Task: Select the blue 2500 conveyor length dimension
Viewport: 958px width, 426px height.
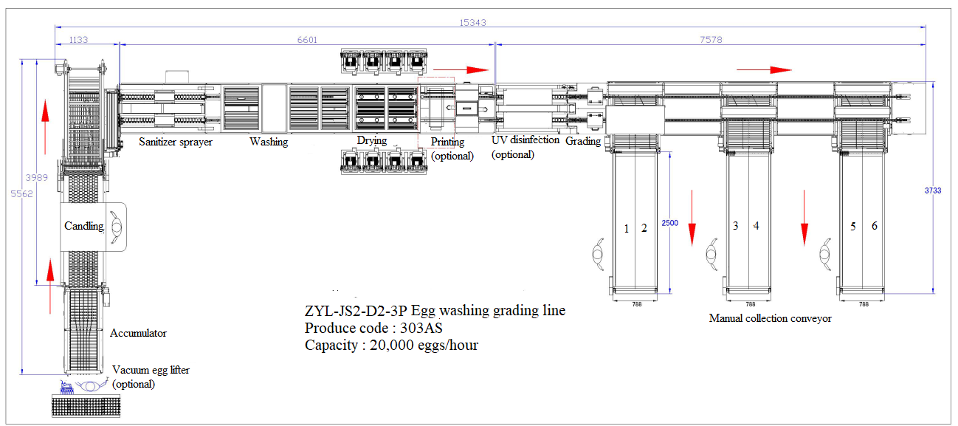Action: click(x=669, y=223)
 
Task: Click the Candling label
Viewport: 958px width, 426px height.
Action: click(x=83, y=226)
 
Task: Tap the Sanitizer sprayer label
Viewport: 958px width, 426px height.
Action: click(x=176, y=141)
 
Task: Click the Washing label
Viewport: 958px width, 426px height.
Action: click(x=269, y=141)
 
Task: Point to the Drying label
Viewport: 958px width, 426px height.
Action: click(x=372, y=140)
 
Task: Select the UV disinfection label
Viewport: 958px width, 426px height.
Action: click(x=525, y=140)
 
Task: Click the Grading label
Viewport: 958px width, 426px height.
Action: click(x=583, y=141)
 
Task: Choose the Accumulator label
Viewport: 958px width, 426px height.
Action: click(x=138, y=333)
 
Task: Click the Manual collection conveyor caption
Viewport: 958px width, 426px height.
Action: click(x=770, y=318)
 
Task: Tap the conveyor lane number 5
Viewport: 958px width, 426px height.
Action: click(x=853, y=227)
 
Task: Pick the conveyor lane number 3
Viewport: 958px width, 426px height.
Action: click(x=735, y=226)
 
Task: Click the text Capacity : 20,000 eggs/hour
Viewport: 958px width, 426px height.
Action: click(x=391, y=345)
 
